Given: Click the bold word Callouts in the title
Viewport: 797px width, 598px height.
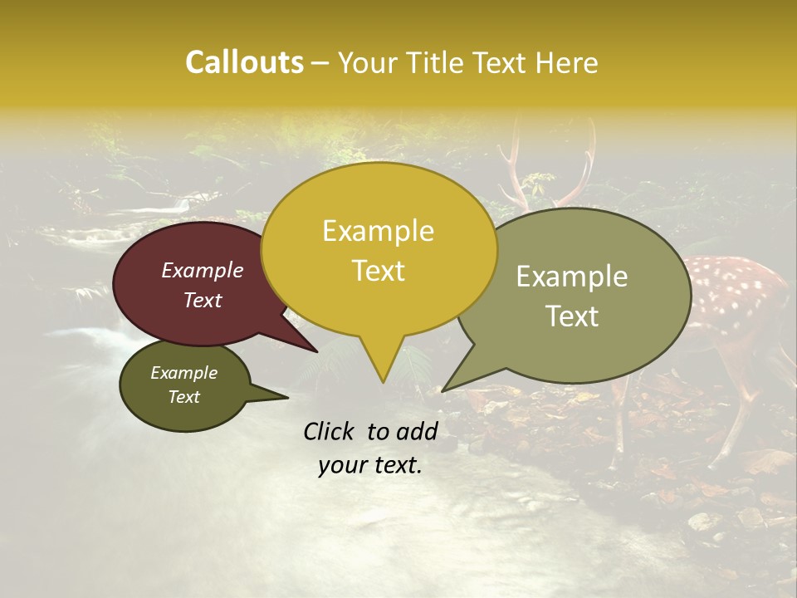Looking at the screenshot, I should coord(244,62).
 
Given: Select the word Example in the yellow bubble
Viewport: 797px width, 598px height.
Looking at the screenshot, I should coord(378,230).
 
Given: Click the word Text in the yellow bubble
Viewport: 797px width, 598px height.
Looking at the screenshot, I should coord(378,270).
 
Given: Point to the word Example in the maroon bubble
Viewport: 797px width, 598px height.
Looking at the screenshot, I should coord(202,270).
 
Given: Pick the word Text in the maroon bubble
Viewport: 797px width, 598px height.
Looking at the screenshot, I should coord(202,300).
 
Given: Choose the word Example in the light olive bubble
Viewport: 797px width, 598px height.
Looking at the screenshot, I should coord(572,276).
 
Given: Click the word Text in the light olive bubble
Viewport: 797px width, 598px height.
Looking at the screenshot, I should coord(572,316).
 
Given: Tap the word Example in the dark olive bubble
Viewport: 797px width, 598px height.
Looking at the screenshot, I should coord(183,373).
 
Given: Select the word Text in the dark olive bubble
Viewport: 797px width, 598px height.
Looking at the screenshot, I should coord(183,397).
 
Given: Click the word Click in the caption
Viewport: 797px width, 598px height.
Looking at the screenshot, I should coord(330,431).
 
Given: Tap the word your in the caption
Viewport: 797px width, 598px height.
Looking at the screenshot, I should coord(341,465).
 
